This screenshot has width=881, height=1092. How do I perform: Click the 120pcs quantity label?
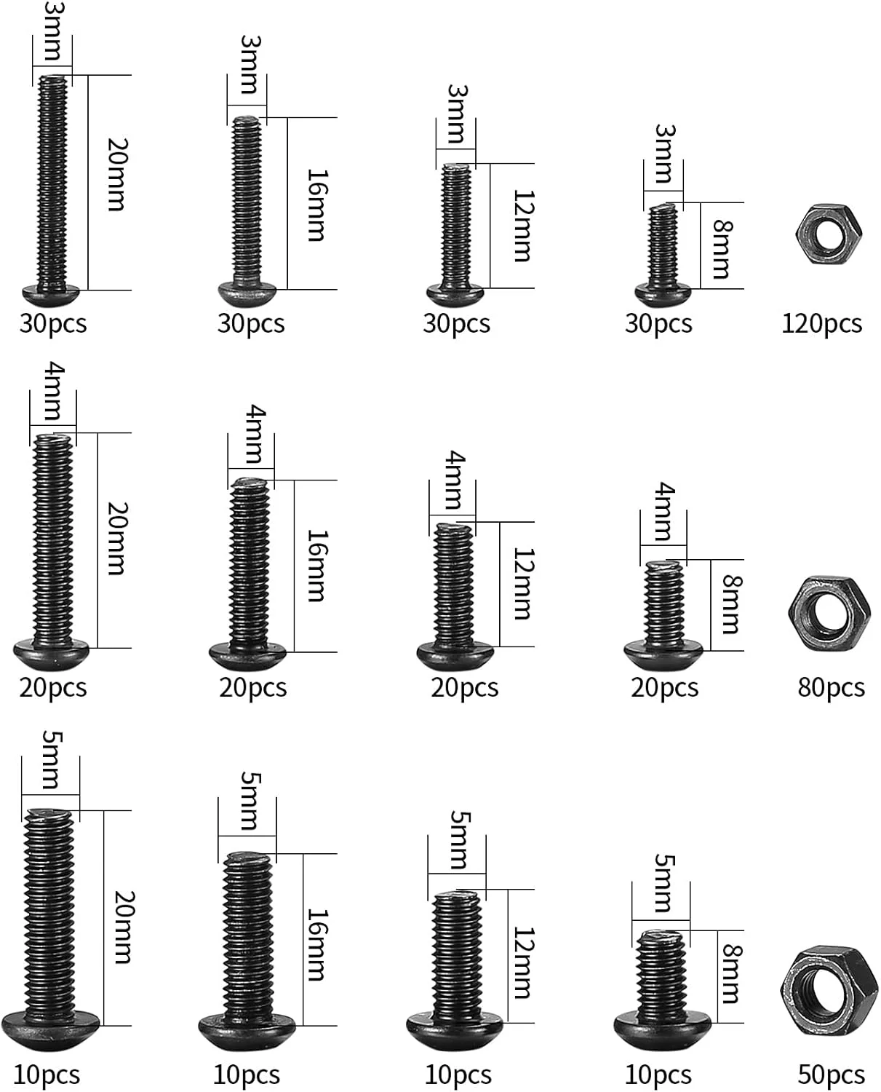(x=821, y=323)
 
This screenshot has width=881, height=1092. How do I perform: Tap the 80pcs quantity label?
(x=831, y=687)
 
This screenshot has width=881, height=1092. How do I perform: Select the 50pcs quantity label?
(x=831, y=1075)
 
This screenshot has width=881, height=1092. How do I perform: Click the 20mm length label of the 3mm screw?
(x=117, y=175)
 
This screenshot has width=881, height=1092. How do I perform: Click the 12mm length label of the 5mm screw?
(x=523, y=962)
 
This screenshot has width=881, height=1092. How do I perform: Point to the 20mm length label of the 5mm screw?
(x=123, y=926)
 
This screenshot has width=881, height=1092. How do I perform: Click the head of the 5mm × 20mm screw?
(x=50, y=1028)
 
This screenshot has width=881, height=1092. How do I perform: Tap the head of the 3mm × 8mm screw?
(x=663, y=295)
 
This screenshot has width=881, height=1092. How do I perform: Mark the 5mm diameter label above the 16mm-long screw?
(x=248, y=802)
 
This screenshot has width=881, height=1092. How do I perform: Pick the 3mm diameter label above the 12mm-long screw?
(x=457, y=114)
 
